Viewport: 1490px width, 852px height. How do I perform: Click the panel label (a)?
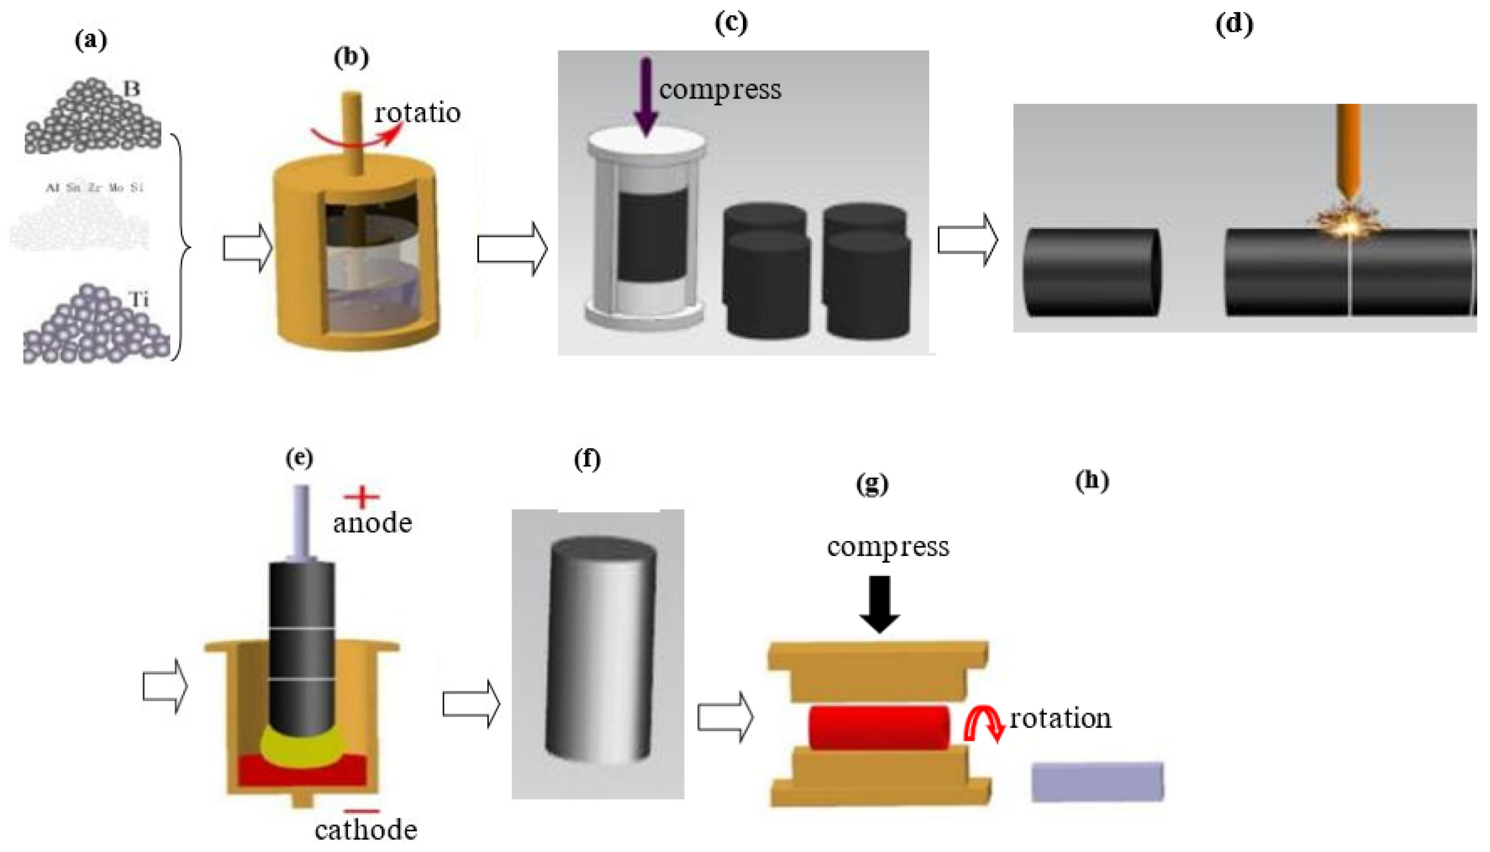coord(91,40)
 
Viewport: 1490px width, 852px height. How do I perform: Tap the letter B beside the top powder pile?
coord(132,89)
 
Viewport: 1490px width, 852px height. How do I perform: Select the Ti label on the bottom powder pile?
coord(139,299)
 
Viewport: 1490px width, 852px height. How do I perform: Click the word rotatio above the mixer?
coord(417,113)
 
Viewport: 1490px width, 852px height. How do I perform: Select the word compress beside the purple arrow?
coord(720,90)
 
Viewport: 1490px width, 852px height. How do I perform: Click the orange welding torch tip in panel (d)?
coord(1349,193)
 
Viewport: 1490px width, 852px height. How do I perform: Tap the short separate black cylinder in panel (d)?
coord(1091,273)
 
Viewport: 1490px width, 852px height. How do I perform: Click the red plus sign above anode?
coord(361,497)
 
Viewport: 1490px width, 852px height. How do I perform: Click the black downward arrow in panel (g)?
coord(879,603)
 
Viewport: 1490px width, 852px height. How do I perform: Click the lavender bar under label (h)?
coord(1097,781)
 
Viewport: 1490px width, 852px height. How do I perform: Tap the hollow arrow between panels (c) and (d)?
coord(967,240)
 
